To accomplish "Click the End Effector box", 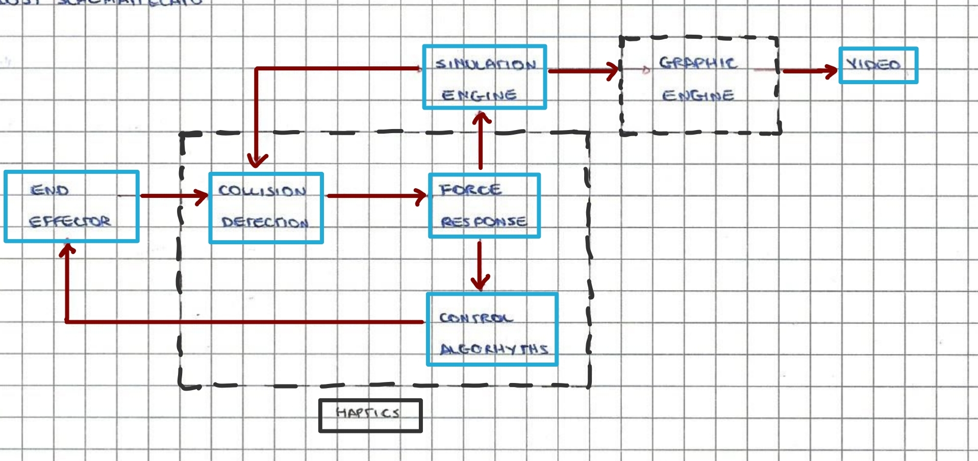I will [x=71, y=206].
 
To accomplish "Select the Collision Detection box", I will [x=266, y=208].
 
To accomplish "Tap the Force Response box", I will [x=484, y=206].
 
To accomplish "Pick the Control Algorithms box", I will [x=492, y=329].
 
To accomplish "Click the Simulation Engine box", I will [x=484, y=77].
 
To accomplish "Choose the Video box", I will [x=878, y=65].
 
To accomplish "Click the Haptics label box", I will [x=370, y=416].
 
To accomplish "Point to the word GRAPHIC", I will [x=697, y=63].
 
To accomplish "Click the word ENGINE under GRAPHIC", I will [x=698, y=95].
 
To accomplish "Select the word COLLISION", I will [x=262, y=191].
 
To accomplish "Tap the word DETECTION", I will [x=264, y=222].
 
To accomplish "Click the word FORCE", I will [x=470, y=190].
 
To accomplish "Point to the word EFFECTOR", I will [x=69, y=221].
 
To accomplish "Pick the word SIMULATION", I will [x=485, y=64].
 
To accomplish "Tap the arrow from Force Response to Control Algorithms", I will [x=480, y=265].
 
